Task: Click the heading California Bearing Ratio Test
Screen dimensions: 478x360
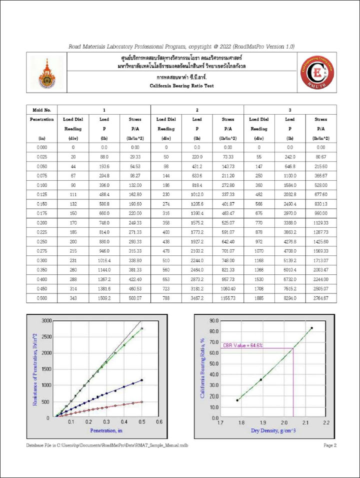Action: [182, 86]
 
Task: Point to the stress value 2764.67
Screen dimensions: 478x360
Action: [320, 298]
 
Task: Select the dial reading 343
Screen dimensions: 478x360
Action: [72, 298]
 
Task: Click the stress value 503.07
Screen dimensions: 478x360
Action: [134, 298]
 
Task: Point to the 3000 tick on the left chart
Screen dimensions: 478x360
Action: [46, 320]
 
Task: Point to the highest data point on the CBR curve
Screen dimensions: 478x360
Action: [312, 328]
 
